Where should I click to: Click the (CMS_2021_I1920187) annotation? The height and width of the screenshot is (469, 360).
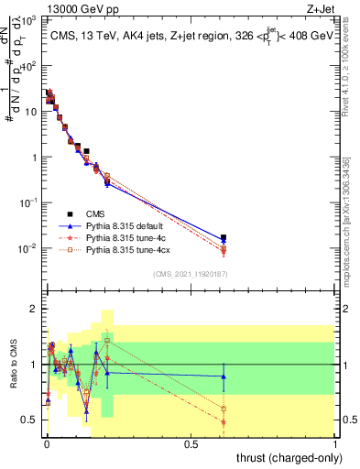tap(191, 274)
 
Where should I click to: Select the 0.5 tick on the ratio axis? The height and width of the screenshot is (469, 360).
tap(31, 420)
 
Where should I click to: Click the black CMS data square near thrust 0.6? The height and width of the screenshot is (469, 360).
tap(224, 237)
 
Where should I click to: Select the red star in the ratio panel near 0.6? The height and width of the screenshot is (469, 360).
tap(224, 422)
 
